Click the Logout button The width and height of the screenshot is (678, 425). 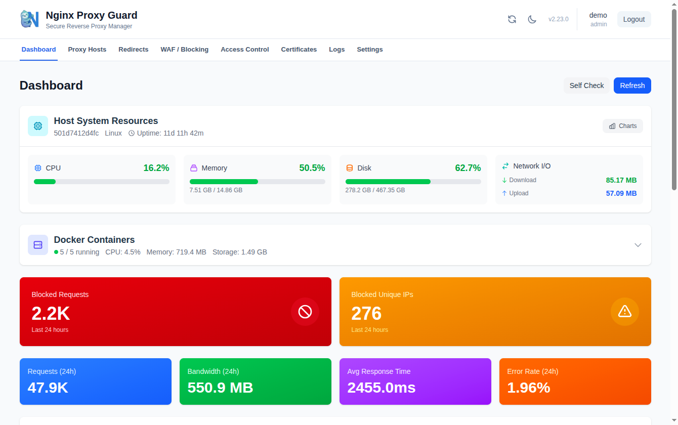(634, 19)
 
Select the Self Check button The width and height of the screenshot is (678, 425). (586, 86)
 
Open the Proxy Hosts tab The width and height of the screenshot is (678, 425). (87, 50)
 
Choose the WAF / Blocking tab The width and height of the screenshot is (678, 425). (184, 50)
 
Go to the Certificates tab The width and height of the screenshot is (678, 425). (299, 50)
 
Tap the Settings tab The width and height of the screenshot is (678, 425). (369, 50)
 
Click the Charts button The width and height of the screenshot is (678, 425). (623, 126)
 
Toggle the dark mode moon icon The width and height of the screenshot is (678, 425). (532, 19)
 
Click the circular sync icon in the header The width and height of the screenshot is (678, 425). (512, 19)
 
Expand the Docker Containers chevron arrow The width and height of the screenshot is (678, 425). (638, 245)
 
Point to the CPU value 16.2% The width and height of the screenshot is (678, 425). (156, 168)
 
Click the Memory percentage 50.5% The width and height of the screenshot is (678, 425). (312, 168)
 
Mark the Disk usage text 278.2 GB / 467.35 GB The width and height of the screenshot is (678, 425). (375, 190)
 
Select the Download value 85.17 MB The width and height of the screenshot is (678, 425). (621, 181)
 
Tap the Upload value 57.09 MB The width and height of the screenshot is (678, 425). (621, 193)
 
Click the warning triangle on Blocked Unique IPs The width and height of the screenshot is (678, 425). (625, 312)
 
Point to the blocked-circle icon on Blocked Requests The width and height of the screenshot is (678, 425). (305, 312)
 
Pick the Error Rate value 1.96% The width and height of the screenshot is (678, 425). (528, 388)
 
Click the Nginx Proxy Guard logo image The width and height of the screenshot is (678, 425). (30, 19)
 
